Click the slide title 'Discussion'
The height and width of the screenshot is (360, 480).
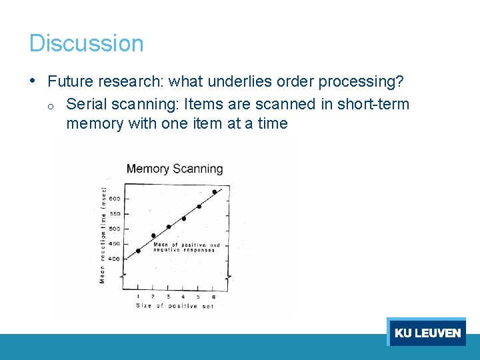tap(86, 43)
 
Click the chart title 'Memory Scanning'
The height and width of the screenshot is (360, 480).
tap(175, 169)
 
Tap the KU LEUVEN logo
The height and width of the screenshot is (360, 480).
tap(427, 332)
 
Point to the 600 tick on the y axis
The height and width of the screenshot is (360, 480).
tap(115, 199)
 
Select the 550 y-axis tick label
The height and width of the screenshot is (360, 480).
tap(115, 214)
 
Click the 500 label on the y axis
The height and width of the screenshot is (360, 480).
tap(115, 229)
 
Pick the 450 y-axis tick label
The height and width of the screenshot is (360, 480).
tap(115, 244)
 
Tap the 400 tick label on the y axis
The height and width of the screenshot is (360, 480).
tap(115, 259)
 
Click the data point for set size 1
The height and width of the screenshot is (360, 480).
tap(138, 251)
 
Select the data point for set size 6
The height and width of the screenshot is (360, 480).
tap(214, 192)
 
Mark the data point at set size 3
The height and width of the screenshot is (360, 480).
tap(169, 227)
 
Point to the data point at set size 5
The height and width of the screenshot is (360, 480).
tap(199, 206)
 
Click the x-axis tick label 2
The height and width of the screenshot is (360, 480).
tap(153, 296)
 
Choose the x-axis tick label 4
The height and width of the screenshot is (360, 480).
tap(183, 296)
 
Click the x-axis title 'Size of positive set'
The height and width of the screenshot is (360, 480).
tap(175, 306)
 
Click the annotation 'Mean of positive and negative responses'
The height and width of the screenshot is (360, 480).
tap(186, 247)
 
